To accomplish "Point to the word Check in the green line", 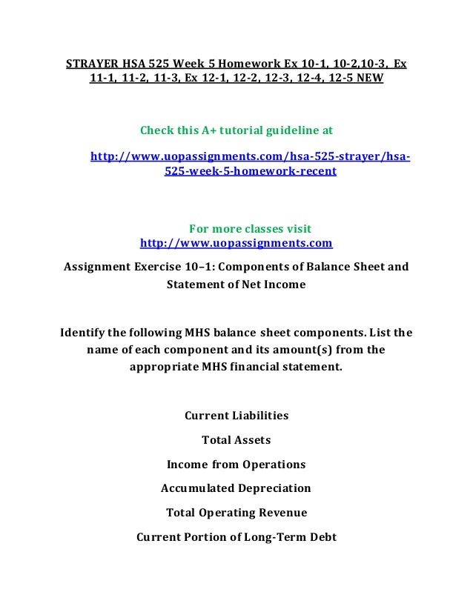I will (x=156, y=131).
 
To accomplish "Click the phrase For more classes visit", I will (x=251, y=228).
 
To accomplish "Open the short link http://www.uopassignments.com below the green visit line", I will (x=236, y=243).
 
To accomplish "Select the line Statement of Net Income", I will (x=236, y=284).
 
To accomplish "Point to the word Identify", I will (x=87, y=333).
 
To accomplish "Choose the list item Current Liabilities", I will (x=236, y=416).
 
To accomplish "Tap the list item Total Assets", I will (x=236, y=440).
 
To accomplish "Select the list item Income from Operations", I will (x=236, y=465).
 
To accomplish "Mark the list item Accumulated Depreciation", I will (x=236, y=488).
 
